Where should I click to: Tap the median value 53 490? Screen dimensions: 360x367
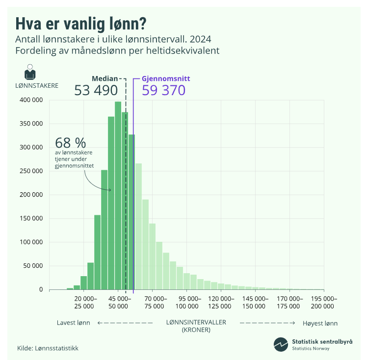tap(96, 90)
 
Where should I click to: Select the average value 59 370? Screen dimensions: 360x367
tap(164, 90)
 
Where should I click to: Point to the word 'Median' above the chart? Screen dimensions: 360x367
tap(105, 78)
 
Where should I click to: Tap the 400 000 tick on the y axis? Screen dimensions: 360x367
tap(32, 100)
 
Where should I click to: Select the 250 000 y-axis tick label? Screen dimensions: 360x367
tap(32, 171)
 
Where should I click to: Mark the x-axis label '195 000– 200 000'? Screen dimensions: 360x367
tap(322, 302)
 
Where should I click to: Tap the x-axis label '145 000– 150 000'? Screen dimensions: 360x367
tap(255, 302)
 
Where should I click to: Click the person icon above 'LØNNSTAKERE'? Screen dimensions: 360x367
tap(30, 73)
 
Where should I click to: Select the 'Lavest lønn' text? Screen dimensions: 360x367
tap(73, 323)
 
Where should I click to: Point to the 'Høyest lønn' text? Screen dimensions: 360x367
tap(320, 323)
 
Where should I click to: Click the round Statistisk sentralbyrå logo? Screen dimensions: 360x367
tap(281, 344)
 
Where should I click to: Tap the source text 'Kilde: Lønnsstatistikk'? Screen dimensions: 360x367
tap(48, 348)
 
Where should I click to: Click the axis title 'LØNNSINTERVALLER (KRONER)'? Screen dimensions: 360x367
tap(196, 326)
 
